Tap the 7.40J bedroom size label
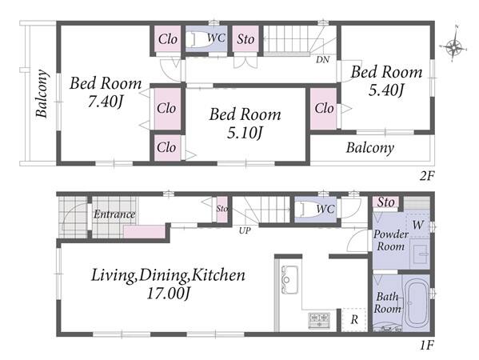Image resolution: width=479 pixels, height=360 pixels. click(x=105, y=102)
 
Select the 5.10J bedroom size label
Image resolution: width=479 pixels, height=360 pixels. click(x=245, y=133)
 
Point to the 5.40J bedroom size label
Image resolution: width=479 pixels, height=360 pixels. click(x=386, y=90)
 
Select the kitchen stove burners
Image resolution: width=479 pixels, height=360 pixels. click(x=319, y=320)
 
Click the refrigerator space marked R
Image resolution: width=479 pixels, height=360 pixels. click(x=354, y=320)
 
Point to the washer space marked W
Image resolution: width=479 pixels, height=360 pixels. click(x=417, y=226)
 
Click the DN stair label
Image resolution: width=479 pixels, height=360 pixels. click(x=322, y=59)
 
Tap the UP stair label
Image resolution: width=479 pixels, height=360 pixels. click(x=245, y=230)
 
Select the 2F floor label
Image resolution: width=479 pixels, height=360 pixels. click(x=426, y=176)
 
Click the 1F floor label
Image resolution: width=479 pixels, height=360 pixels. click(x=426, y=346)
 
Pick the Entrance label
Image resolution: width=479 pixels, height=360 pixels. click(x=114, y=214)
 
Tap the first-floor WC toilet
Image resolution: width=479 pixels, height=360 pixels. click(x=309, y=210)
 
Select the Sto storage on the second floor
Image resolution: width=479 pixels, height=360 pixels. click(x=245, y=39)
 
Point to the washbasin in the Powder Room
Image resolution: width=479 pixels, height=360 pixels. click(x=420, y=254)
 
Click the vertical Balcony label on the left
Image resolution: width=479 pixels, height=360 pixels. click(x=42, y=94)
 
